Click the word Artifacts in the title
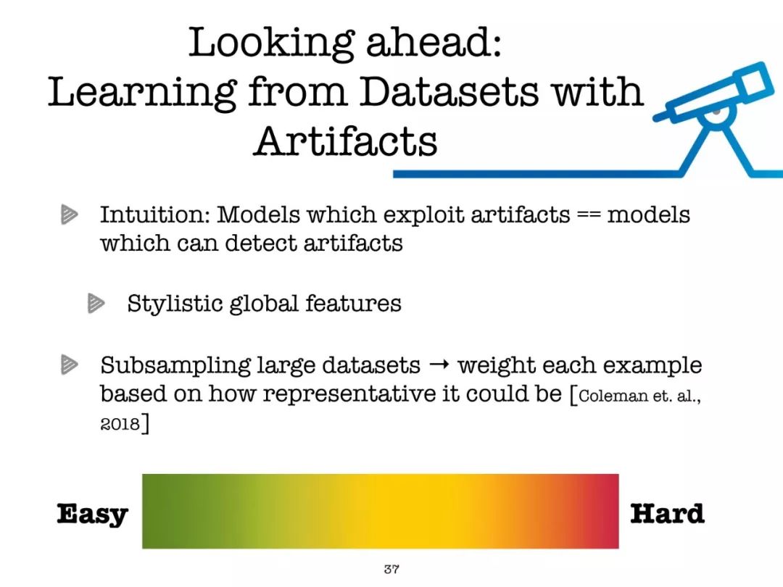click(345, 141)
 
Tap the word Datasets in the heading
click(449, 91)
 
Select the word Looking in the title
click(272, 44)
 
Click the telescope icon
click(717, 119)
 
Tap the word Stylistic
click(175, 304)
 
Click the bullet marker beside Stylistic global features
click(96, 303)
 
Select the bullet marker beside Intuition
click(70, 215)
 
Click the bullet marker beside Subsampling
click(70, 365)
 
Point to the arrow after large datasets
click(439, 365)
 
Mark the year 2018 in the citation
click(120, 424)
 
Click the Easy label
click(92, 514)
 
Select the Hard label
click(667, 514)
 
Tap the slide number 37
click(391, 569)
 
